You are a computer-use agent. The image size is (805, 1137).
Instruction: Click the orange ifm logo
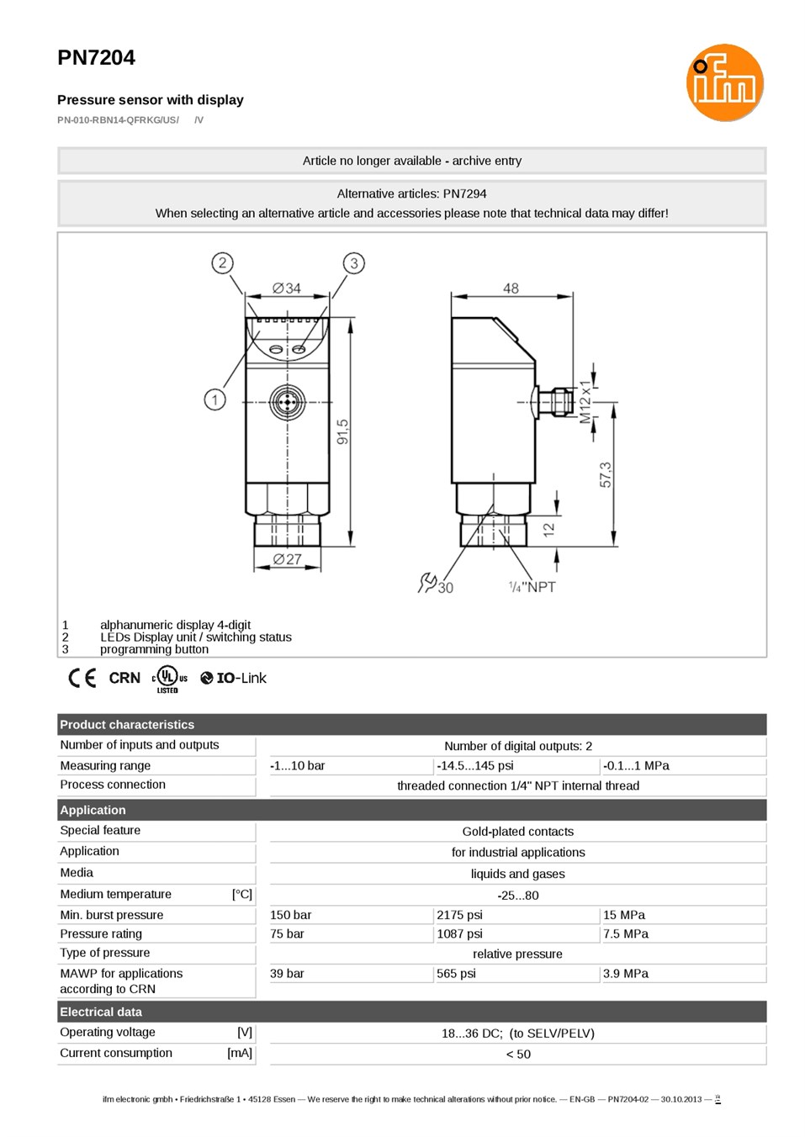(x=724, y=82)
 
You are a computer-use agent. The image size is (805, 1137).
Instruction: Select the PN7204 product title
(x=97, y=58)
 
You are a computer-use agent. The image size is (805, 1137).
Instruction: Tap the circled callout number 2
(x=222, y=263)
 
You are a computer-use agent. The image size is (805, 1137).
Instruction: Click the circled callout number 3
(x=354, y=263)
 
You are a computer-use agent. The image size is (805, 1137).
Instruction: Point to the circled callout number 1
(x=214, y=400)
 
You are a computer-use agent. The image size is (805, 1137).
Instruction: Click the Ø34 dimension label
(x=287, y=288)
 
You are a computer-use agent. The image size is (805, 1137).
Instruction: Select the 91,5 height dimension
(x=343, y=432)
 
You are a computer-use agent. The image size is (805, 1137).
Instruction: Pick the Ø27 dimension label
(x=288, y=559)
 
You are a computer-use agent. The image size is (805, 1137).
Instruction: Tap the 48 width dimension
(x=511, y=288)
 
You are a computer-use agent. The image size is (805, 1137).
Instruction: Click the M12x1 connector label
(x=585, y=401)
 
